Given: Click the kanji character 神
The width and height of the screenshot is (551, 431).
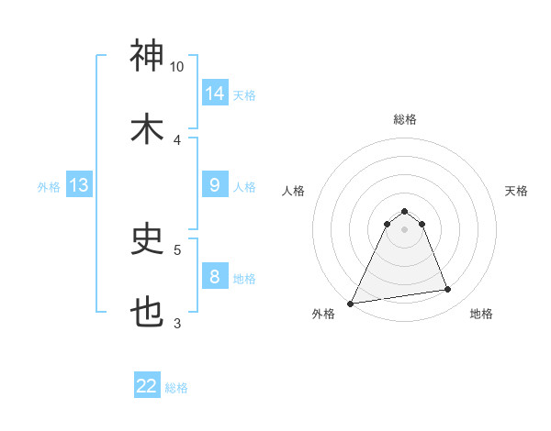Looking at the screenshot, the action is (148, 56).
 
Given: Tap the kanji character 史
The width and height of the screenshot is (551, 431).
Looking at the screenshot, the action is (148, 239).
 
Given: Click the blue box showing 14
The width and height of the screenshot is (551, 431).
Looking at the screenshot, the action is (215, 94).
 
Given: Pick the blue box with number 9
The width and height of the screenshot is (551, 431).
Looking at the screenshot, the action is (215, 185).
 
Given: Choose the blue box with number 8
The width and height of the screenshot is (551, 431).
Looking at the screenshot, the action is (215, 277).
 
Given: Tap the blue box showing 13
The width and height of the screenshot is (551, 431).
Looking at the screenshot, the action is (79, 185).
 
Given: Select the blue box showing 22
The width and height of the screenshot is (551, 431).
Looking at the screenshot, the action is (147, 386).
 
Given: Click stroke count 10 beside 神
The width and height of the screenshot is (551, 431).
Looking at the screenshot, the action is (177, 67).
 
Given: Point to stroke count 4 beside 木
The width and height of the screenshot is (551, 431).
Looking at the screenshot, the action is (177, 140).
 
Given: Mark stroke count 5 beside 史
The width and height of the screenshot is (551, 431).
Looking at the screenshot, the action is (177, 249).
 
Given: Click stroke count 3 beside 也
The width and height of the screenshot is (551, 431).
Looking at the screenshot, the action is (177, 323).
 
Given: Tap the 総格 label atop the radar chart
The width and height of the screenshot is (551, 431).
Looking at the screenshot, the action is (405, 119).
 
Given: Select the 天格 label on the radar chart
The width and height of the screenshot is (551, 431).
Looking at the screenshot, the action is (517, 191).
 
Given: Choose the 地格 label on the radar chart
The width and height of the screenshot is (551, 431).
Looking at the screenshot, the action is (481, 314).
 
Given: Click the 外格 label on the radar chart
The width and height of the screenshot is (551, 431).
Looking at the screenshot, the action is (323, 314).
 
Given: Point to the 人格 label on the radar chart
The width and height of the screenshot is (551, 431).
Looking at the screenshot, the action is (293, 191).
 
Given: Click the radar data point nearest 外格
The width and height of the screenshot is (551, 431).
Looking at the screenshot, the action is (351, 304).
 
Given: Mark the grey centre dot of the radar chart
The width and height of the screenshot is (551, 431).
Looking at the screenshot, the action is (404, 229).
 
